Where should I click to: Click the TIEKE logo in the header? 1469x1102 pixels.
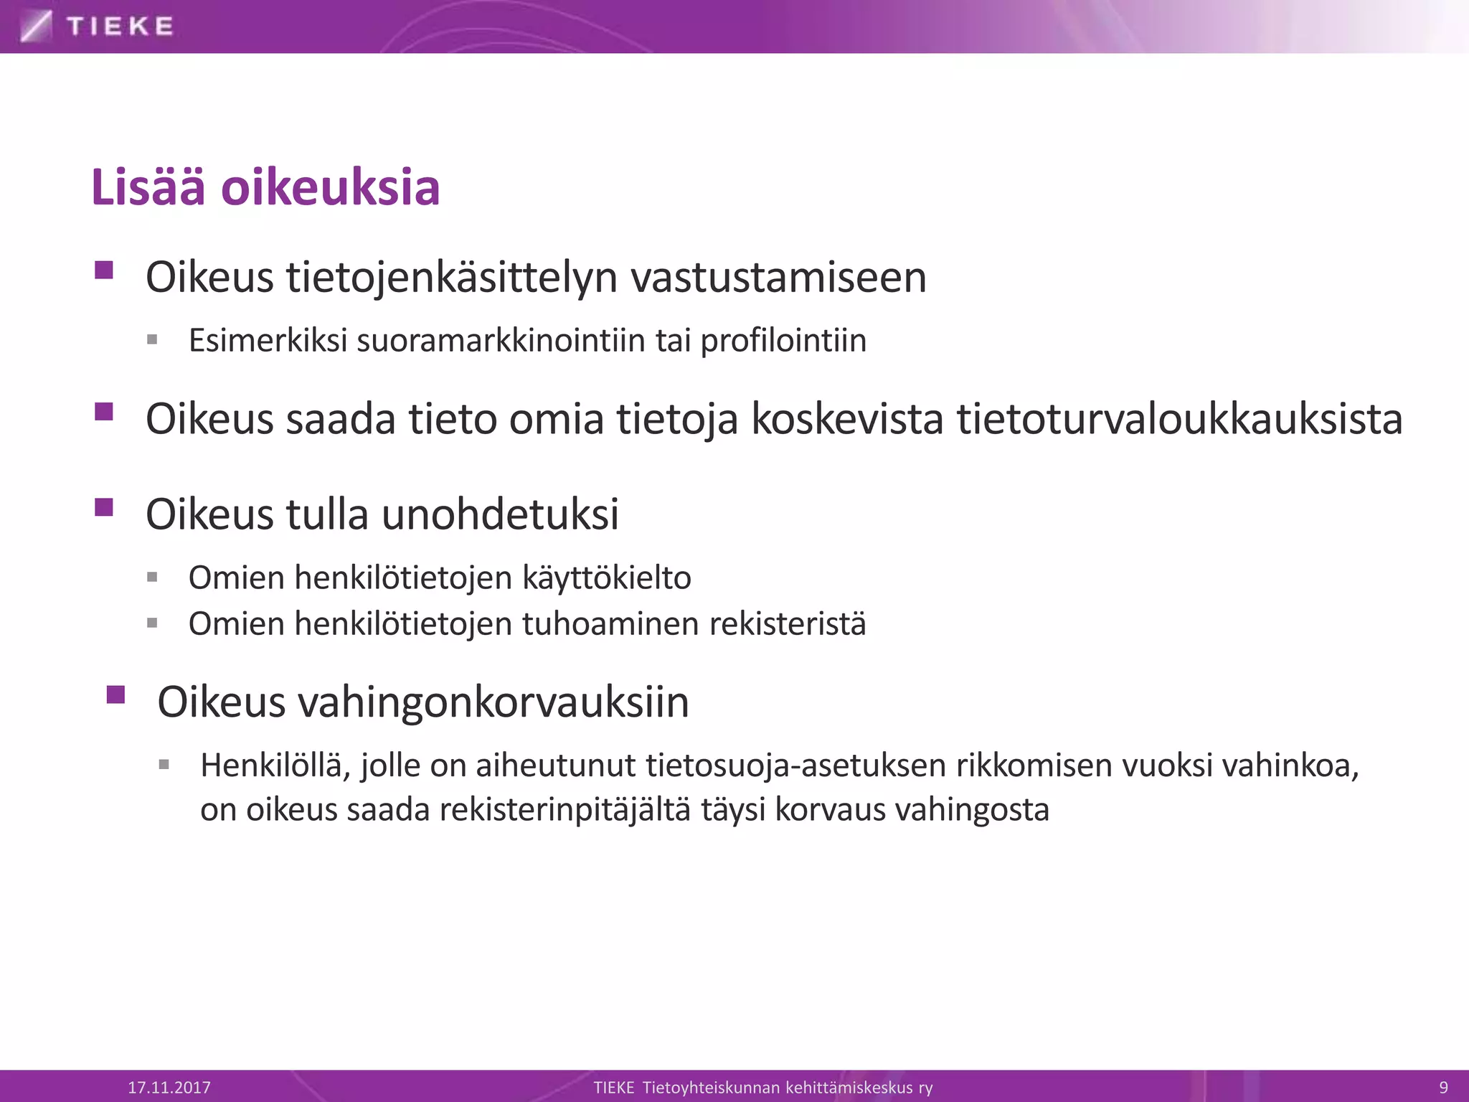[98, 27]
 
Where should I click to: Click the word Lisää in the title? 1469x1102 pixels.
[148, 187]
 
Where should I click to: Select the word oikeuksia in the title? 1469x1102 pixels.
[330, 187]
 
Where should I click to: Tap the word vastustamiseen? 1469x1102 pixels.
[778, 277]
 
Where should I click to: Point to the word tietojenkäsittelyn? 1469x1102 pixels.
[452, 277]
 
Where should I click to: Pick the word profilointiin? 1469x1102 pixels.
[783, 340]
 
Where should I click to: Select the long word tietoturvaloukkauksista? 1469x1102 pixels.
[1179, 419]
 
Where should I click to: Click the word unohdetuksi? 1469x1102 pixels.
[500, 514]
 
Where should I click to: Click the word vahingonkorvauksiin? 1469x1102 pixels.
[494, 702]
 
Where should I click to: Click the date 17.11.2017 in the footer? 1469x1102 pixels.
[169, 1087]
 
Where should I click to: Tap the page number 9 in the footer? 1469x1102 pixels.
[1444, 1087]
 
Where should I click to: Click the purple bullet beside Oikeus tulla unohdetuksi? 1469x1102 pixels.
[104, 507]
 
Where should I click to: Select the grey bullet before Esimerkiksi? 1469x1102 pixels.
[152, 339]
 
